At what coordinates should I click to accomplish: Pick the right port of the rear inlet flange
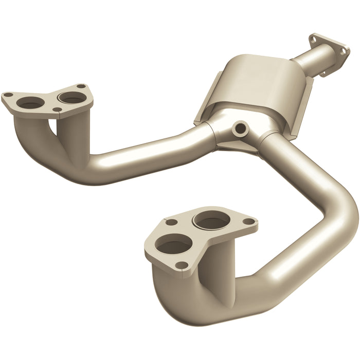(68, 96)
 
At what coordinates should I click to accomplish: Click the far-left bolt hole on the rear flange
(8, 95)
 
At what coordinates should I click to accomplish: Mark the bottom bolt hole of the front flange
(181, 265)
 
